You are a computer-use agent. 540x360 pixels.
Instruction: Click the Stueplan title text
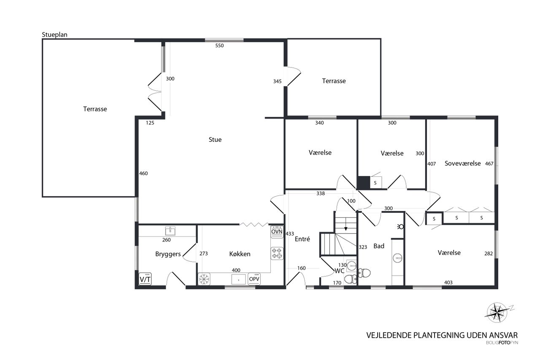[54, 35]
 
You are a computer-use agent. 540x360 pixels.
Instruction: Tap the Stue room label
[215, 140]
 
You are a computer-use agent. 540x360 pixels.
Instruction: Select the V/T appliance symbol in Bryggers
[145, 279]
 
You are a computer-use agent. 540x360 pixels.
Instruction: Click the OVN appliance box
[277, 232]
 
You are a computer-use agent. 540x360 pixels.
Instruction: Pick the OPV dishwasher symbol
[254, 279]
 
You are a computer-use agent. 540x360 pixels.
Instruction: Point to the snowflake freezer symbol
[204, 279]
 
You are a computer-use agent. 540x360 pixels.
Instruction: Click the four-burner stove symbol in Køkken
[277, 253]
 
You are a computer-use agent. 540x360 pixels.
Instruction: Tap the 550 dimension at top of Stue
[219, 46]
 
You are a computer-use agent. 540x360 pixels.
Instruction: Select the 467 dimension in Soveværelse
[489, 164]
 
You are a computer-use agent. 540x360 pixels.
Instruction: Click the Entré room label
[302, 239]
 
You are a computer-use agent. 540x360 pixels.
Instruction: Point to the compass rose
[497, 312]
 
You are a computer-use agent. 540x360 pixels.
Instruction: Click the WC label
[339, 271]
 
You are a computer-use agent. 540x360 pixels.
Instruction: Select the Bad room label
[379, 246]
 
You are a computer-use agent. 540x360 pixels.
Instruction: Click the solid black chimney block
[364, 182]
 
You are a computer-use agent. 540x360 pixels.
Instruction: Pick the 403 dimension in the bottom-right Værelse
[448, 282]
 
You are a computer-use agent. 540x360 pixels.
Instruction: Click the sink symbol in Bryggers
[170, 231]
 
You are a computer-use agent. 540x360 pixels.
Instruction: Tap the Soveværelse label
[463, 163]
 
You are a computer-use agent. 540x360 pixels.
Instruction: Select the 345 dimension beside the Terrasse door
[277, 81]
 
